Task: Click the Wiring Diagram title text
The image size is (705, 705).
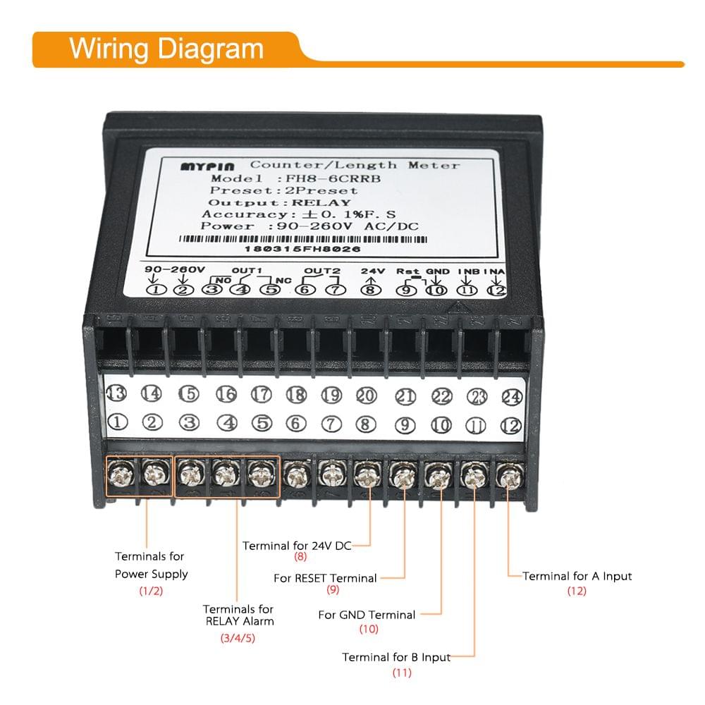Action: [166, 49]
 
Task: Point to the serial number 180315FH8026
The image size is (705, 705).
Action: [302, 249]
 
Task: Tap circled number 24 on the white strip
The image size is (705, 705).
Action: [511, 397]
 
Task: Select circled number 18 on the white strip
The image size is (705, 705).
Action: [296, 395]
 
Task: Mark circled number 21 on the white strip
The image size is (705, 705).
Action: [405, 396]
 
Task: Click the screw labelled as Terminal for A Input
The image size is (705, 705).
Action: [508, 478]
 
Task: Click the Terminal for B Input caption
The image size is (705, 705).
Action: [396, 657]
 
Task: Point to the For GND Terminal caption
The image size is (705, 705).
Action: [367, 615]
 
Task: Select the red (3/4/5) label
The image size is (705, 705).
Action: [238, 639]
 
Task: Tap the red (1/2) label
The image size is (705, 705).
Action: [151, 591]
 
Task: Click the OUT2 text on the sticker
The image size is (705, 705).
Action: [322, 271]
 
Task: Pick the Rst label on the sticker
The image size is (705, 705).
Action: [407, 271]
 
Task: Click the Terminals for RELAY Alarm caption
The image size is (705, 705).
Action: [238, 615]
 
